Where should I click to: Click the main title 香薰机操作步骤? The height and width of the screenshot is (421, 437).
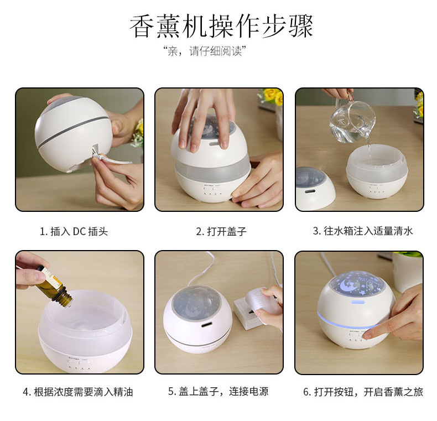point(221,26)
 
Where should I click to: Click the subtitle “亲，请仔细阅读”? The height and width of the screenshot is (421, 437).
point(204,51)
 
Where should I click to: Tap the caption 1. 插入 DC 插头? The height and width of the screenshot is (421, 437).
point(74,231)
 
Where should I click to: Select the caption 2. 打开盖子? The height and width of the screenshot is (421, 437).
point(221,231)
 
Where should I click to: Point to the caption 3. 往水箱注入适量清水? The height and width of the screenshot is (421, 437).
point(362,231)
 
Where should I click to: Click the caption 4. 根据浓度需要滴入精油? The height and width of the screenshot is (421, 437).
point(78,392)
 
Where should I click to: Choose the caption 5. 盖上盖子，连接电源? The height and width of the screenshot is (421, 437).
point(218,392)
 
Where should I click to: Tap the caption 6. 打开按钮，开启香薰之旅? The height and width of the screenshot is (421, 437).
point(363,392)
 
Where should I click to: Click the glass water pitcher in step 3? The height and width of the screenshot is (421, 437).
point(352,120)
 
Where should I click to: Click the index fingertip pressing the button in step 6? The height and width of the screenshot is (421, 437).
point(367,335)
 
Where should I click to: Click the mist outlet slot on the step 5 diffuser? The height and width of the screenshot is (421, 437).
point(206,324)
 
